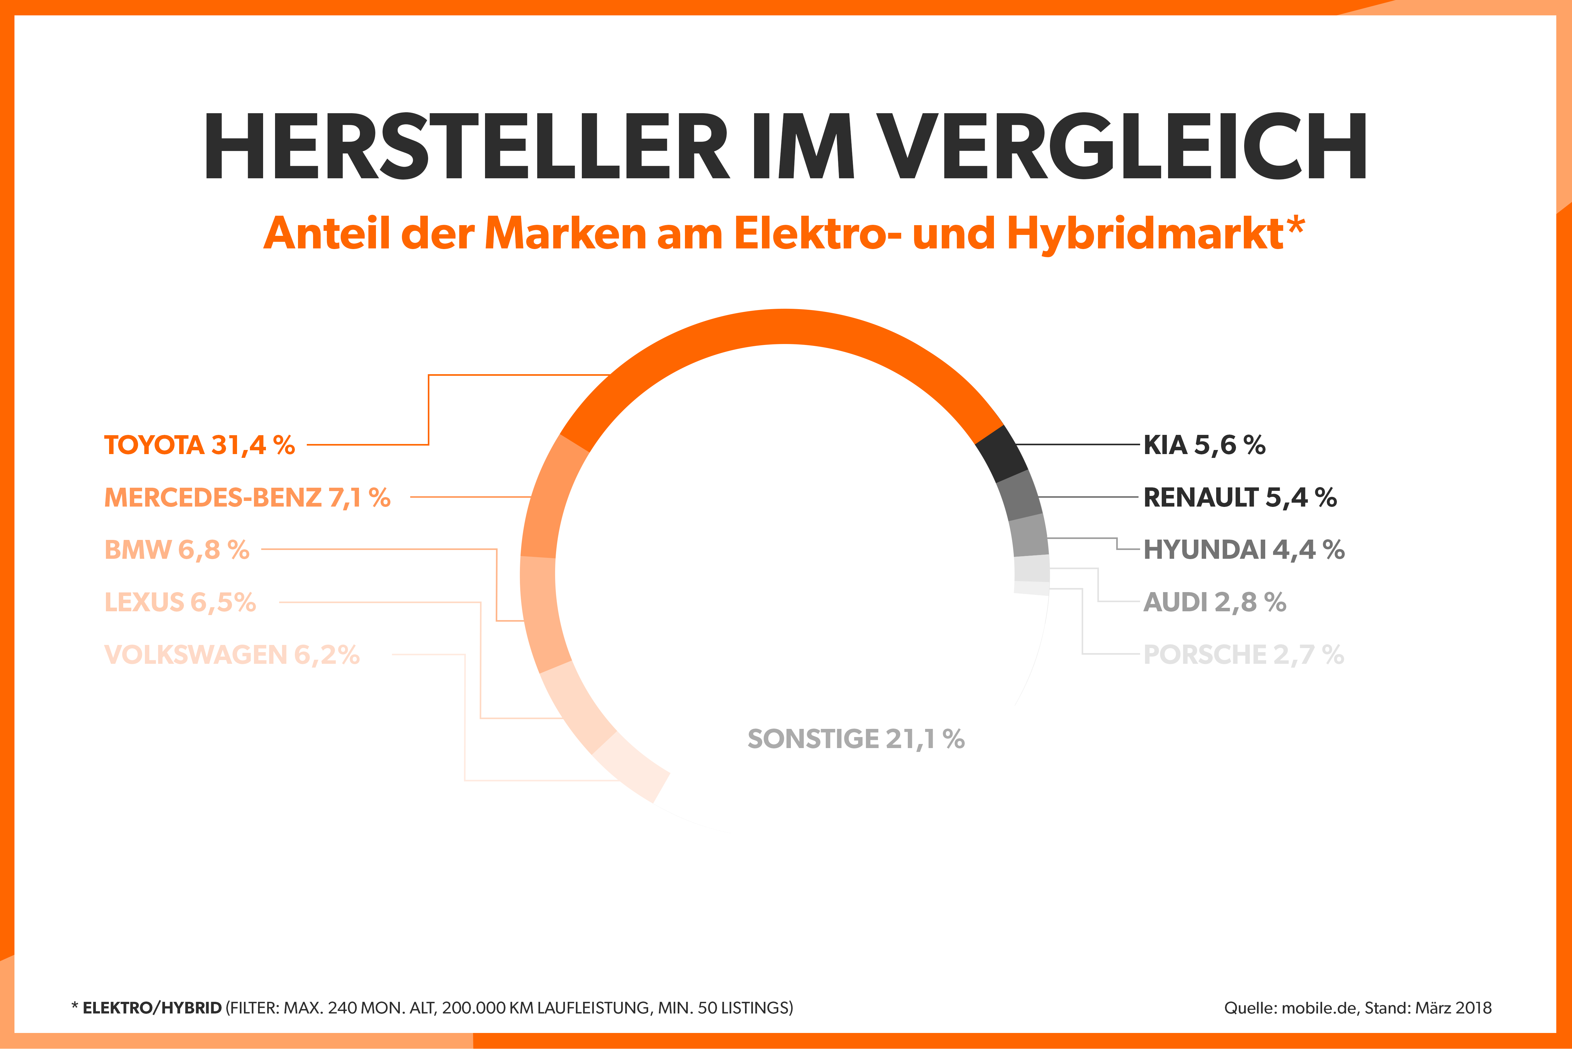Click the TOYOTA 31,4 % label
(x=199, y=445)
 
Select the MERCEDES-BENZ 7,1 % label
(x=247, y=497)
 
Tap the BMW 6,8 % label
(x=177, y=549)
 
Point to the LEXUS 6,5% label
(x=180, y=602)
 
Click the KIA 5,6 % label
(x=1204, y=445)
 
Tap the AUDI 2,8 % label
(x=1214, y=602)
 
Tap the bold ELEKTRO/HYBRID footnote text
(x=152, y=1007)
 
